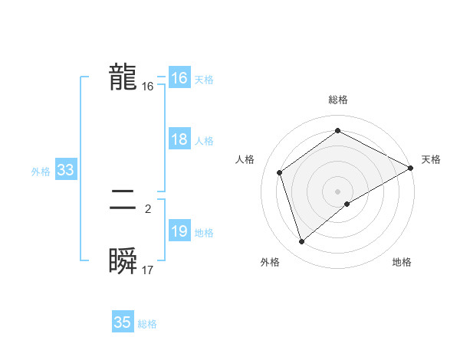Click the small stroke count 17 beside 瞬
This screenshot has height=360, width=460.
pos(148,270)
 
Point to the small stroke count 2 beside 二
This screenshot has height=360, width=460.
pos(148,208)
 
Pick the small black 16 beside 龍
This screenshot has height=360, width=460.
pos(148,87)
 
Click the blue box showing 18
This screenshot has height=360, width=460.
pos(179,140)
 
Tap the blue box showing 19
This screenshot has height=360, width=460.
pos(179,232)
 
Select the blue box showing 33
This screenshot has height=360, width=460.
pos(65,171)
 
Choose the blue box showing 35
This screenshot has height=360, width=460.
pos(123,322)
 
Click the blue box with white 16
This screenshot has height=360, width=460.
pos(179,79)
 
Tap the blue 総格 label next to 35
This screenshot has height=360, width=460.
pos(147,324)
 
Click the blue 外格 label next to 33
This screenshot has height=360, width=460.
pos(41,172)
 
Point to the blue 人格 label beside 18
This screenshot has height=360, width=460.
pos(205,141)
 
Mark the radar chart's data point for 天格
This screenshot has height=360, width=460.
pos(411,168)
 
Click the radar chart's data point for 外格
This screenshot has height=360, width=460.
pos(302,242)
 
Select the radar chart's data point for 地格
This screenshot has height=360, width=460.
pos(347,204)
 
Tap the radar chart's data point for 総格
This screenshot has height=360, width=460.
pos(337,131)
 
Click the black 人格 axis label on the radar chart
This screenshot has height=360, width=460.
pos(245,159)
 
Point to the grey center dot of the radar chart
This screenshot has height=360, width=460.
pos(337,191)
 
